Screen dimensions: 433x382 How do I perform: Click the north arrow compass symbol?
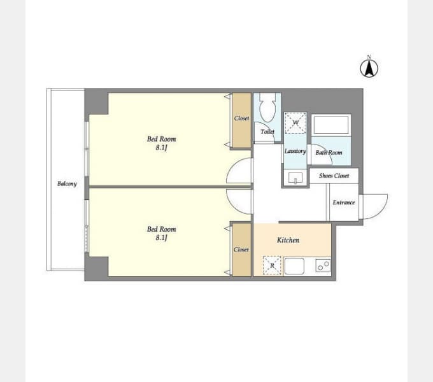click(x=369, y=68)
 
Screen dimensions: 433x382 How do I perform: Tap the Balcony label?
click(x=67, y=184)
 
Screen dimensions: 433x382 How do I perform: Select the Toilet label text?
click(x=267, y=132)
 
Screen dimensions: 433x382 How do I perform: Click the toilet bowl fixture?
click(x=267, y=108)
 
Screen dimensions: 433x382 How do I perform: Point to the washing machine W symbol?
click(x=295, y=123)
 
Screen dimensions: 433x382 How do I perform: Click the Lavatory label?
click(x=295, y=152)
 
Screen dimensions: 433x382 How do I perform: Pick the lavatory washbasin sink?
click(x=295, y=178)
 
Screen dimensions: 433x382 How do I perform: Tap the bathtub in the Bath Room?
click(x=331, y=125)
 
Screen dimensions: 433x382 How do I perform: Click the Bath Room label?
click(x=329, y=152)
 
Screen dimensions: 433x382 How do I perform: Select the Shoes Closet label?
click(x=334, y=176)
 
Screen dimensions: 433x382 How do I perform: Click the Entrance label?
click(x=343, y=202)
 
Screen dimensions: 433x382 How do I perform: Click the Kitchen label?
click(x=288, y=240)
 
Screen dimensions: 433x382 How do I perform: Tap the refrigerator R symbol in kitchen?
click(x=272, y=265)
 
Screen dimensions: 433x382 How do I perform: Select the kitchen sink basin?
click(x=294, y=266)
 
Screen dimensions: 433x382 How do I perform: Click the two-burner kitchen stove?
click(x=323, y=265)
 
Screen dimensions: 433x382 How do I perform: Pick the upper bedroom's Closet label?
click(x=241, y=118)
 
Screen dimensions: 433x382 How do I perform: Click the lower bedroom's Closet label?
click(x=241, y=250)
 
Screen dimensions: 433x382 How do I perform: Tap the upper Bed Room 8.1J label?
click(x=161, y=143)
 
